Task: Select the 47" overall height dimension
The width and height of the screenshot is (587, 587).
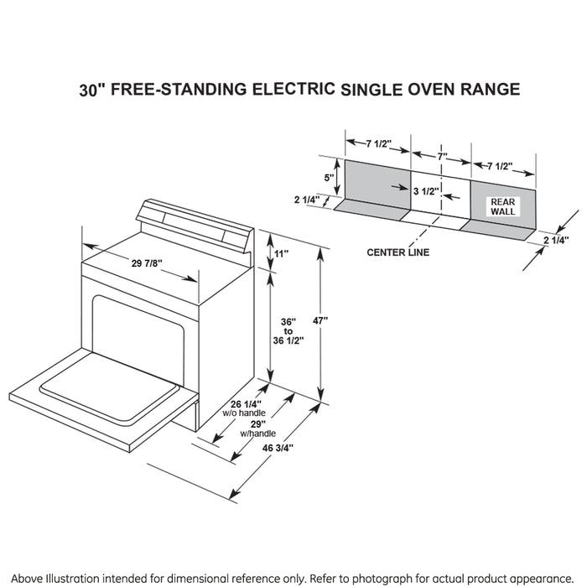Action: tap(319, 320)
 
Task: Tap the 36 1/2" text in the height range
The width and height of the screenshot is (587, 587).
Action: tap(289, 340)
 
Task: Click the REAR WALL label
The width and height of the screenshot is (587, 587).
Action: tap(504, 206)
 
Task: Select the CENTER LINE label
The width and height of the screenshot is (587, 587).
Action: tap(397, 252)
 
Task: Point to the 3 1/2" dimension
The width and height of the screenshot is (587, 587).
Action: tap(426, 190)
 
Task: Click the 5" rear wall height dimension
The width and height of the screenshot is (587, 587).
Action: tap(330, 177)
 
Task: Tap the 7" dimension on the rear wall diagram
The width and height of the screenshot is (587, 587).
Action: tap(441, 156)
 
